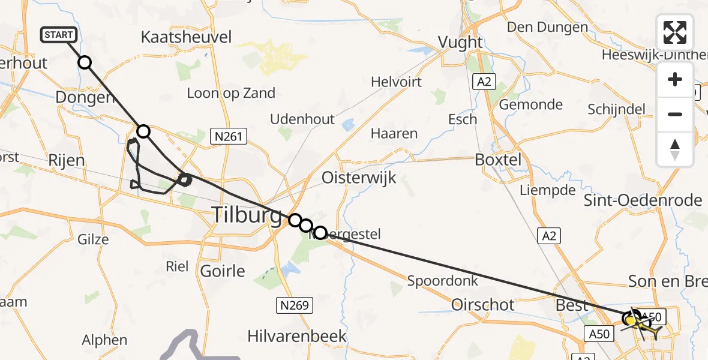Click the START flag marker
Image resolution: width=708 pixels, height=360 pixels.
click(x=59, y=35)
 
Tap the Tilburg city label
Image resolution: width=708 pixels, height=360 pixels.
click(x=247, y=215)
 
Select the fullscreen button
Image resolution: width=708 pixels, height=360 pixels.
click(x=674, y=32)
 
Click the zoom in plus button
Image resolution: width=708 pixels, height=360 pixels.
click(x=675, y=80)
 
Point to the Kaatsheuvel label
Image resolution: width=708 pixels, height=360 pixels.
click(x=186, y=37)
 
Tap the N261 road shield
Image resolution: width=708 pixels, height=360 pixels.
click(x=229, y=137)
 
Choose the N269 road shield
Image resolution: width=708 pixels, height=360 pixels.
click(x=295, y=306)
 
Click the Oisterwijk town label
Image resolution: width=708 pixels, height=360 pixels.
click(x=359, y=178)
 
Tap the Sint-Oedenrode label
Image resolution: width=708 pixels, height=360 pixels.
click(x=643, y=200)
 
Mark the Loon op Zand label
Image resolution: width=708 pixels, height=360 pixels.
click(x=231, y=93)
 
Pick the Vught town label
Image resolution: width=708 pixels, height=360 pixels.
click(x=461, y=42)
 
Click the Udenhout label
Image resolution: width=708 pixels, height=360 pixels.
click(x=302, y=119)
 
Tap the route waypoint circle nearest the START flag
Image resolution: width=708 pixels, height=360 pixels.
click(x=85, y=62)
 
